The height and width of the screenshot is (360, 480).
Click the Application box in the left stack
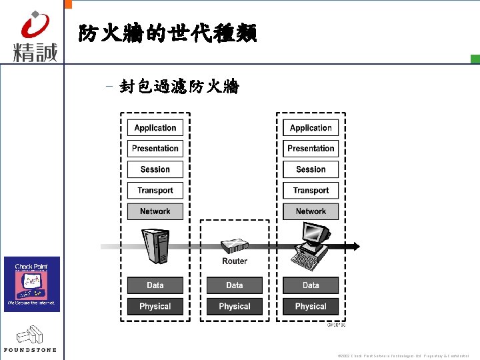pyautogui.click(x=155, y=128)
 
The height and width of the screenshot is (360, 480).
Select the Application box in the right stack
pyautogui.click(x=311, y=128)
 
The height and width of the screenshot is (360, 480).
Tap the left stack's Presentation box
pyautogui.click(x=155, y=149)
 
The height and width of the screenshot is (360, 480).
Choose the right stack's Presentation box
pyautogui.click(x=311, y=149)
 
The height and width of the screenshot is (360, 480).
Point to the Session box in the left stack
pyautogui.click(x=155, y=169)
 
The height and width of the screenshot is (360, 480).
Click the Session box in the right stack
pyautogui.click(x=311, y=169)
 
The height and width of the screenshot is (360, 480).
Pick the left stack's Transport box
pyautogui.click(x=155, y=191)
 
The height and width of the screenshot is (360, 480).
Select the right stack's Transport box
pyautogui.click(x=311, y=191)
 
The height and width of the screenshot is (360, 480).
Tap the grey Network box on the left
pyautogui.click(x=155, y=211)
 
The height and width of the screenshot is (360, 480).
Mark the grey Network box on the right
pyautogui.click(x=311, y=211)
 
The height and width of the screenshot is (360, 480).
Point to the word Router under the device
pyautogui.click(x=235, y=261)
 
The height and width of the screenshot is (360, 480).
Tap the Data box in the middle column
pyautogui.click(x=235, y=285)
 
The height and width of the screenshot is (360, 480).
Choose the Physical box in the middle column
pyautogui.click(x=235, y=307)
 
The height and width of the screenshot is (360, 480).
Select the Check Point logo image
pyautogui.click(x=32, y=284)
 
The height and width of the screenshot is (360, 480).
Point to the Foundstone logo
pyautogui.click(x=30, y=339)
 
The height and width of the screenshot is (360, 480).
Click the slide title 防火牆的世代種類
pyautogui.click(x=167, y=33)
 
